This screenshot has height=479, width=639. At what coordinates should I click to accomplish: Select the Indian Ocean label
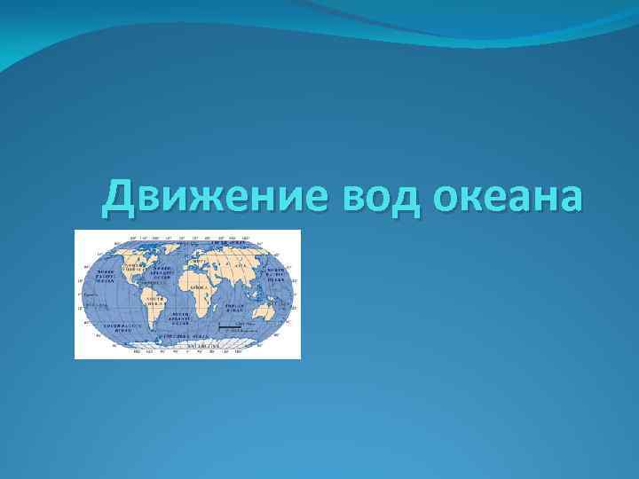[x=233, y=307]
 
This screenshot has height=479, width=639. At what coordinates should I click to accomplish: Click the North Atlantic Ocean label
[x=162, y=271]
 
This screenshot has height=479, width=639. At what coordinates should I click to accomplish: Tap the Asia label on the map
[x=240, y=264]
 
